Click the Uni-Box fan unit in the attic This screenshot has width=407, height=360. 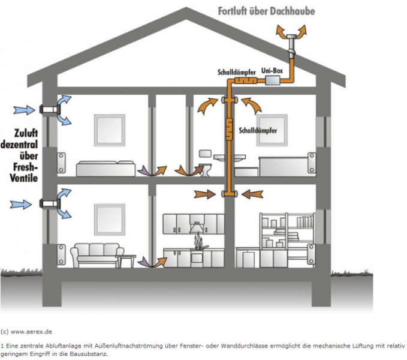pos(272,80)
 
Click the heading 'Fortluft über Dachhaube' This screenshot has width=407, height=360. pos(266,11)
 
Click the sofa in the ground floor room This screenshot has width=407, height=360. pos(97,255)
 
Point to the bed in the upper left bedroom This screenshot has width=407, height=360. pos(105,169)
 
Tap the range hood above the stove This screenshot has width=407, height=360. pos(197,227)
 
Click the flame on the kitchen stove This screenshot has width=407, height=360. pos(198,240)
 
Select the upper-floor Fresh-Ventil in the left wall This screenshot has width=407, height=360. pos(50,109)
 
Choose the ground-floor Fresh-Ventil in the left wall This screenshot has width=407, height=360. pos(50,203)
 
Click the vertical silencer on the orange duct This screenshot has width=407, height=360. pos(229,129)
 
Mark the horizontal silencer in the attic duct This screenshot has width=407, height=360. pos(246,80)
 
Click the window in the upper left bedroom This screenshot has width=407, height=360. pos(110,130)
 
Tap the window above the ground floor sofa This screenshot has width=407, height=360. pos(110,220)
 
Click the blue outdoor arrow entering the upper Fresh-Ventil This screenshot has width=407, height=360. pos(24,110)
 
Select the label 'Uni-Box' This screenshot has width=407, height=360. pos(272,70)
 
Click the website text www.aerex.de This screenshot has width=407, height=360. pos(31,332)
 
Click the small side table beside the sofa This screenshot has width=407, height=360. pos(126,261)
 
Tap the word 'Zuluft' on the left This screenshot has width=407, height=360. pos(26,133)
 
